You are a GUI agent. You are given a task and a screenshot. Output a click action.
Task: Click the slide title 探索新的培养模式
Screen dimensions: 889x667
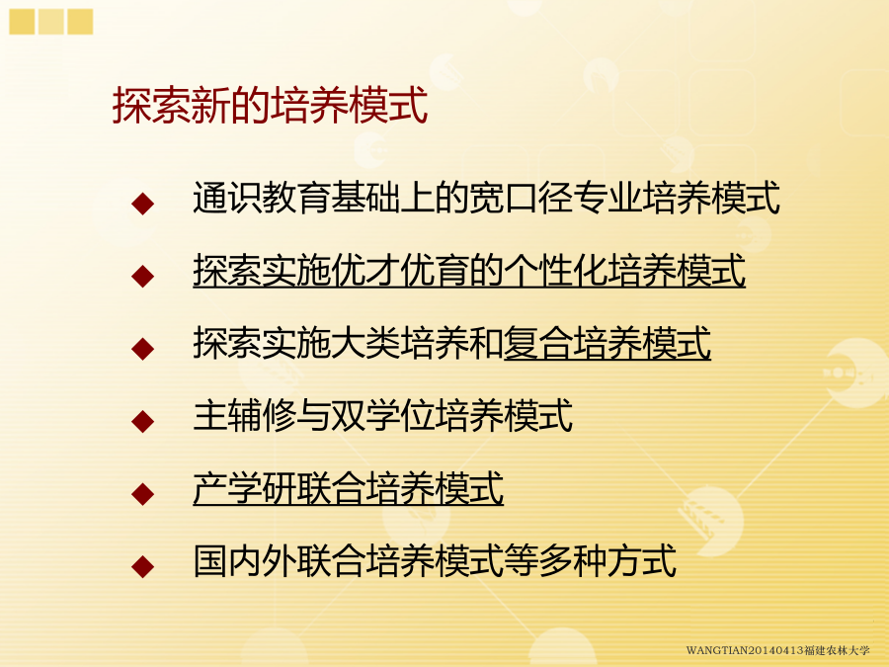coord(270,106)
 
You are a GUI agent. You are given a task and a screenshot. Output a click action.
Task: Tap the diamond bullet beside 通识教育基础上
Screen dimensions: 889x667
coord(142,204)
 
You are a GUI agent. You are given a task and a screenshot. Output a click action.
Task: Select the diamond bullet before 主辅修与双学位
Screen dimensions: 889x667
coord(142,421)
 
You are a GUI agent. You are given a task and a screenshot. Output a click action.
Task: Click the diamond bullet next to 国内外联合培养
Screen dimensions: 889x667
coord(142,566)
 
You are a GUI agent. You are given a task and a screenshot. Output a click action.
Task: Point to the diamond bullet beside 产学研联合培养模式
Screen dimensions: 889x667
coord(142,493)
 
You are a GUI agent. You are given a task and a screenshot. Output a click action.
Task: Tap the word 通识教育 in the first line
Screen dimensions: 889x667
coord(262,198)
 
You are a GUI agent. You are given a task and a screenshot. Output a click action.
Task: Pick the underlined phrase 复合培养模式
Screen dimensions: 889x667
coord(607,343)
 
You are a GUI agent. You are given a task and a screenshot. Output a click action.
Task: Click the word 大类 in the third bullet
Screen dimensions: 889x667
coord(365,343)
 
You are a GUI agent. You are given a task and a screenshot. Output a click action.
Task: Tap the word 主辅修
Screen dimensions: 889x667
coord(244,416)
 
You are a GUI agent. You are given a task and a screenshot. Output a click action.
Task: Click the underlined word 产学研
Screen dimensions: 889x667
coord(244,488)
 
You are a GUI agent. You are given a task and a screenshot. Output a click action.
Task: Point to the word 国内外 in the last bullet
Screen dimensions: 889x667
coord(244,561)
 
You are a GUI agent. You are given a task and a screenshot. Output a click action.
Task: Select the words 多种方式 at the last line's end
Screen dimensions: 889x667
coord(607,561)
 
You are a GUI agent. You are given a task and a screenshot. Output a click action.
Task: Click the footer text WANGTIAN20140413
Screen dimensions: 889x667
coord(745,650)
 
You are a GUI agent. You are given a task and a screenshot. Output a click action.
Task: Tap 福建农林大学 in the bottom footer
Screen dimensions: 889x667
coord(837,650)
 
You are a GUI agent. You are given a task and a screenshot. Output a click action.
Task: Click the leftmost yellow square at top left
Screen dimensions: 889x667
coord(22,22)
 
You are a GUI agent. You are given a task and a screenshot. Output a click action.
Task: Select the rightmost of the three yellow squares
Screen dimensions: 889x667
coord(80,22)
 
